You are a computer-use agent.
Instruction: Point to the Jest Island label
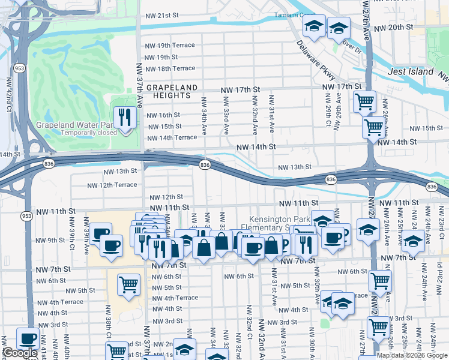[x=411, y=71]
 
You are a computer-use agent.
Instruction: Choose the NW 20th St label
[x=393, y=28]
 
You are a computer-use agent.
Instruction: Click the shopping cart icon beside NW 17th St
[x=364, y=101]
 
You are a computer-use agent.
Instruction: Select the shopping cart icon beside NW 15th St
[x=374, y=127]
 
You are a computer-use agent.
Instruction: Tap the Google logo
[x=19, y=353]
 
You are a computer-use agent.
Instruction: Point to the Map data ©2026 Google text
[x=412, y=355]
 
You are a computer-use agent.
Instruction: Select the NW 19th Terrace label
[x=166, y=46]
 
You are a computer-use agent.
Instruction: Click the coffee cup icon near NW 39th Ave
[x=101, y=234]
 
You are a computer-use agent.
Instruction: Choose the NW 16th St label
[x=163, y=115]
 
